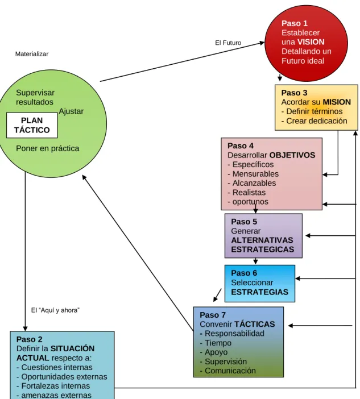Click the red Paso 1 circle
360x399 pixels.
[306, 43]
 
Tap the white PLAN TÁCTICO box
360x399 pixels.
[32, 125]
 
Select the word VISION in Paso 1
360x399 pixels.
[311, 42]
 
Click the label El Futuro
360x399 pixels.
[228, 43]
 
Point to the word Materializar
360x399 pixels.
[32, 54]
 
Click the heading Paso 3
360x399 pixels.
[294, 93]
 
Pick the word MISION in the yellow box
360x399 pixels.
[337, 102]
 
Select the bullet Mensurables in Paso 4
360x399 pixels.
[253, 174]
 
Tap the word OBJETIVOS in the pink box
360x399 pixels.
[292, 155]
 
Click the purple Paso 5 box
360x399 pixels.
[263, 236]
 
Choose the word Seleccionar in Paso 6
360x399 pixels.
[252, 282]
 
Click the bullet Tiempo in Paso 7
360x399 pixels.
[216, 343]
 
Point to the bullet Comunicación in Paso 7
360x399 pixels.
[228, 371]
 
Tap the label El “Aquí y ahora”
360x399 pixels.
[55, 310]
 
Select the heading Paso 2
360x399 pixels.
[29, 339]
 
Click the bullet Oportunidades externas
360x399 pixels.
[62, 377]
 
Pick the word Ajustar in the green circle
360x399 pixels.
[71, 111]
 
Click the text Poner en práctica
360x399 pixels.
[48, 148]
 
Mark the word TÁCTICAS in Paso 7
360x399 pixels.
[255, 324]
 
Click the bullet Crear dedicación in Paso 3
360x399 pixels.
[314, 121]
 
